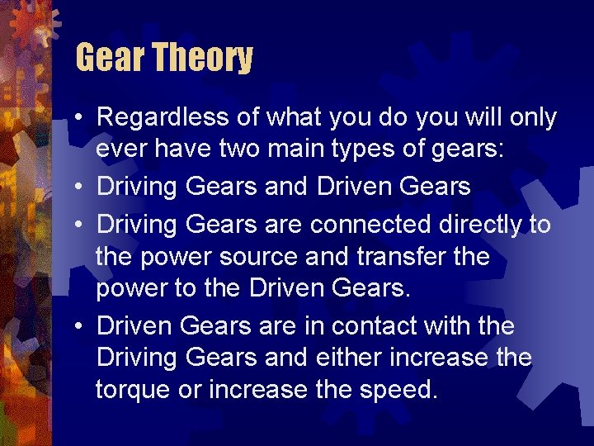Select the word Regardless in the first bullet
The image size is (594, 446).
tap(162, 118)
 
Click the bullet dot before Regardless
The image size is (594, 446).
tap(76, 119)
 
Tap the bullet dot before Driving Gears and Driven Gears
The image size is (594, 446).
tap(76, 188)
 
